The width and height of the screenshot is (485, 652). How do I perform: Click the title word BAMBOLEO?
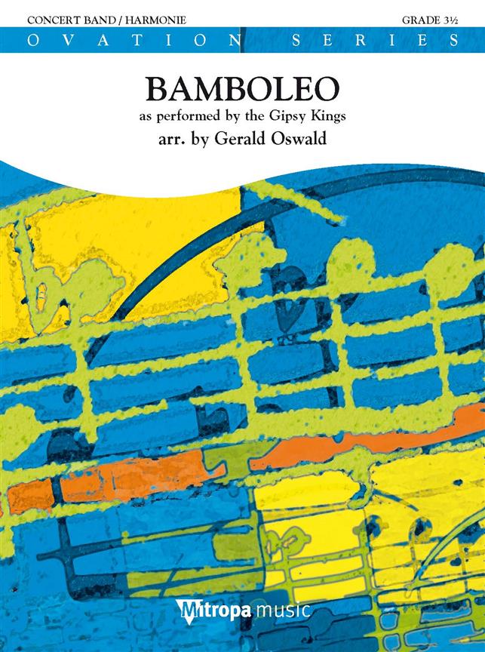click(x=241, y=91)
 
